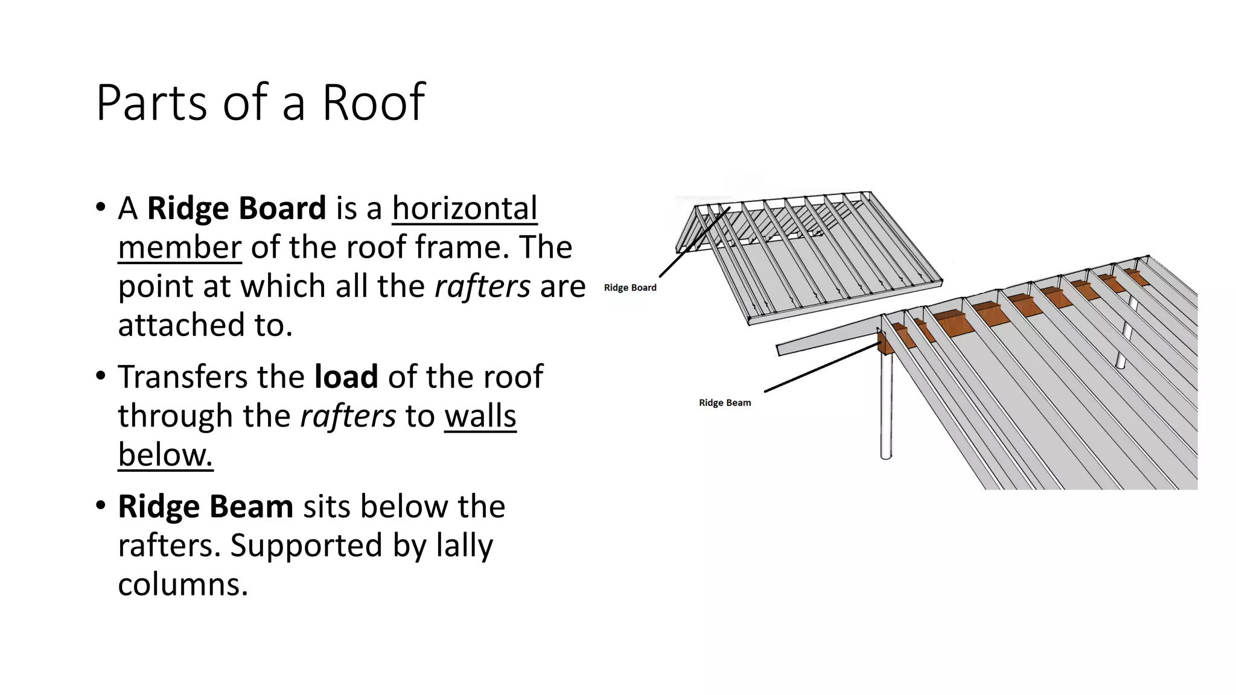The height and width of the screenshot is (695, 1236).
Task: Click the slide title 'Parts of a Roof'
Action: point(260,102)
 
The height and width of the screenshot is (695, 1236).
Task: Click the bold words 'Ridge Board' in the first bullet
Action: point(237,208)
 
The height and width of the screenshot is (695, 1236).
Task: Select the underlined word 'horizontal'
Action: point(464,208)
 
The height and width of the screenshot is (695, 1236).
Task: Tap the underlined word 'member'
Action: point(180,247)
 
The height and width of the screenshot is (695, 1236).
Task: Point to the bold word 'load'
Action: point(346,376)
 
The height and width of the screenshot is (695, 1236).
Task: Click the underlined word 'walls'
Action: point(480,416)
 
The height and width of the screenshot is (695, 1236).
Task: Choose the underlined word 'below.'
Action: point(165,454)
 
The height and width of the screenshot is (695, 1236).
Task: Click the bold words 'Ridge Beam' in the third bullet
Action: point(205,506)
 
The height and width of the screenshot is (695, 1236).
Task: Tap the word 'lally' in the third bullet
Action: point(463,545)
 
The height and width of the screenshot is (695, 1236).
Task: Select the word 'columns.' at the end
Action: point(183,584)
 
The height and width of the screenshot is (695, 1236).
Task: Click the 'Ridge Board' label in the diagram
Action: point(630,288)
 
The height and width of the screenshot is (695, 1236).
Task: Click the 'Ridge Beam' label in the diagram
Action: point(725,402)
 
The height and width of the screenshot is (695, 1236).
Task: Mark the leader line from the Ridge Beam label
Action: point(821,368)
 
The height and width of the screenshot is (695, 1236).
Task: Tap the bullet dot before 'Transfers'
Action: point(101,376)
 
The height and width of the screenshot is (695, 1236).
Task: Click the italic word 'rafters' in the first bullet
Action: point(482,286)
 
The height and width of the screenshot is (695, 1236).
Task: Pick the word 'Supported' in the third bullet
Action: point(306,545)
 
